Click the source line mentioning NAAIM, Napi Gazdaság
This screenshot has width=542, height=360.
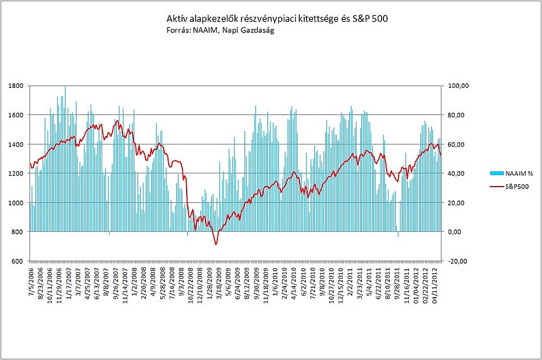221,30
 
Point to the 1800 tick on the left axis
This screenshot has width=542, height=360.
16,86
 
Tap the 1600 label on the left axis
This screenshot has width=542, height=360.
16,115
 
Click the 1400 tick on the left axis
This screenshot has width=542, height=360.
16,144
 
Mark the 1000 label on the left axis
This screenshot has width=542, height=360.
16,203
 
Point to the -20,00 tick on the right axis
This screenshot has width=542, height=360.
458,261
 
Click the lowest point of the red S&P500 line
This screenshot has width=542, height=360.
216,244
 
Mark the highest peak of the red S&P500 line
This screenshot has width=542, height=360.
118,121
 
